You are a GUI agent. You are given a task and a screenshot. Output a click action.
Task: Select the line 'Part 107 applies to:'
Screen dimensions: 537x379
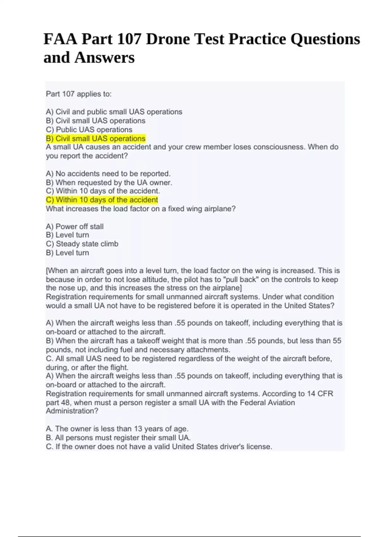[79, 94]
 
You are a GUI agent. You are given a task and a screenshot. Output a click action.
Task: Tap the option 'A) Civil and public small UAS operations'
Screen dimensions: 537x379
[114, 112]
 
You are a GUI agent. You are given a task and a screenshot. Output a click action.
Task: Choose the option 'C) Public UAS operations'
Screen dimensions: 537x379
[89, 130]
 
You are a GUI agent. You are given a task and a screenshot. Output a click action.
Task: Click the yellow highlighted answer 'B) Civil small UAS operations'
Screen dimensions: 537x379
[96, 138]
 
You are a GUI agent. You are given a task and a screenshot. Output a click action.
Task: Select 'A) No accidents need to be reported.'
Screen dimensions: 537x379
[108, 173]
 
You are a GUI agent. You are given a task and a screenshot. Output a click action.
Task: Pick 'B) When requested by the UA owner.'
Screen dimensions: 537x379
[109, 182]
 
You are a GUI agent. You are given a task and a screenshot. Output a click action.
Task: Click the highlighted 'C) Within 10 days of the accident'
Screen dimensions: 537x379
[102, 200]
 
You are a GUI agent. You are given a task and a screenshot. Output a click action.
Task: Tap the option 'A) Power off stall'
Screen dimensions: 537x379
[75, 226]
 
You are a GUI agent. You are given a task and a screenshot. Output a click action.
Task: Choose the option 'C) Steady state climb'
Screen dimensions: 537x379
[82, 244]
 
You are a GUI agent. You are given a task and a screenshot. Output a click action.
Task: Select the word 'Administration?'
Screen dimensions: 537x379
[72, 411]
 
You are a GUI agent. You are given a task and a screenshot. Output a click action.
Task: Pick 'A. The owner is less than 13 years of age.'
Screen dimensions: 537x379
[117, 429]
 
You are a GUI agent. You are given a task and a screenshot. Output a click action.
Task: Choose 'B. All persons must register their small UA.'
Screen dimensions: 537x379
[118, 437]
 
